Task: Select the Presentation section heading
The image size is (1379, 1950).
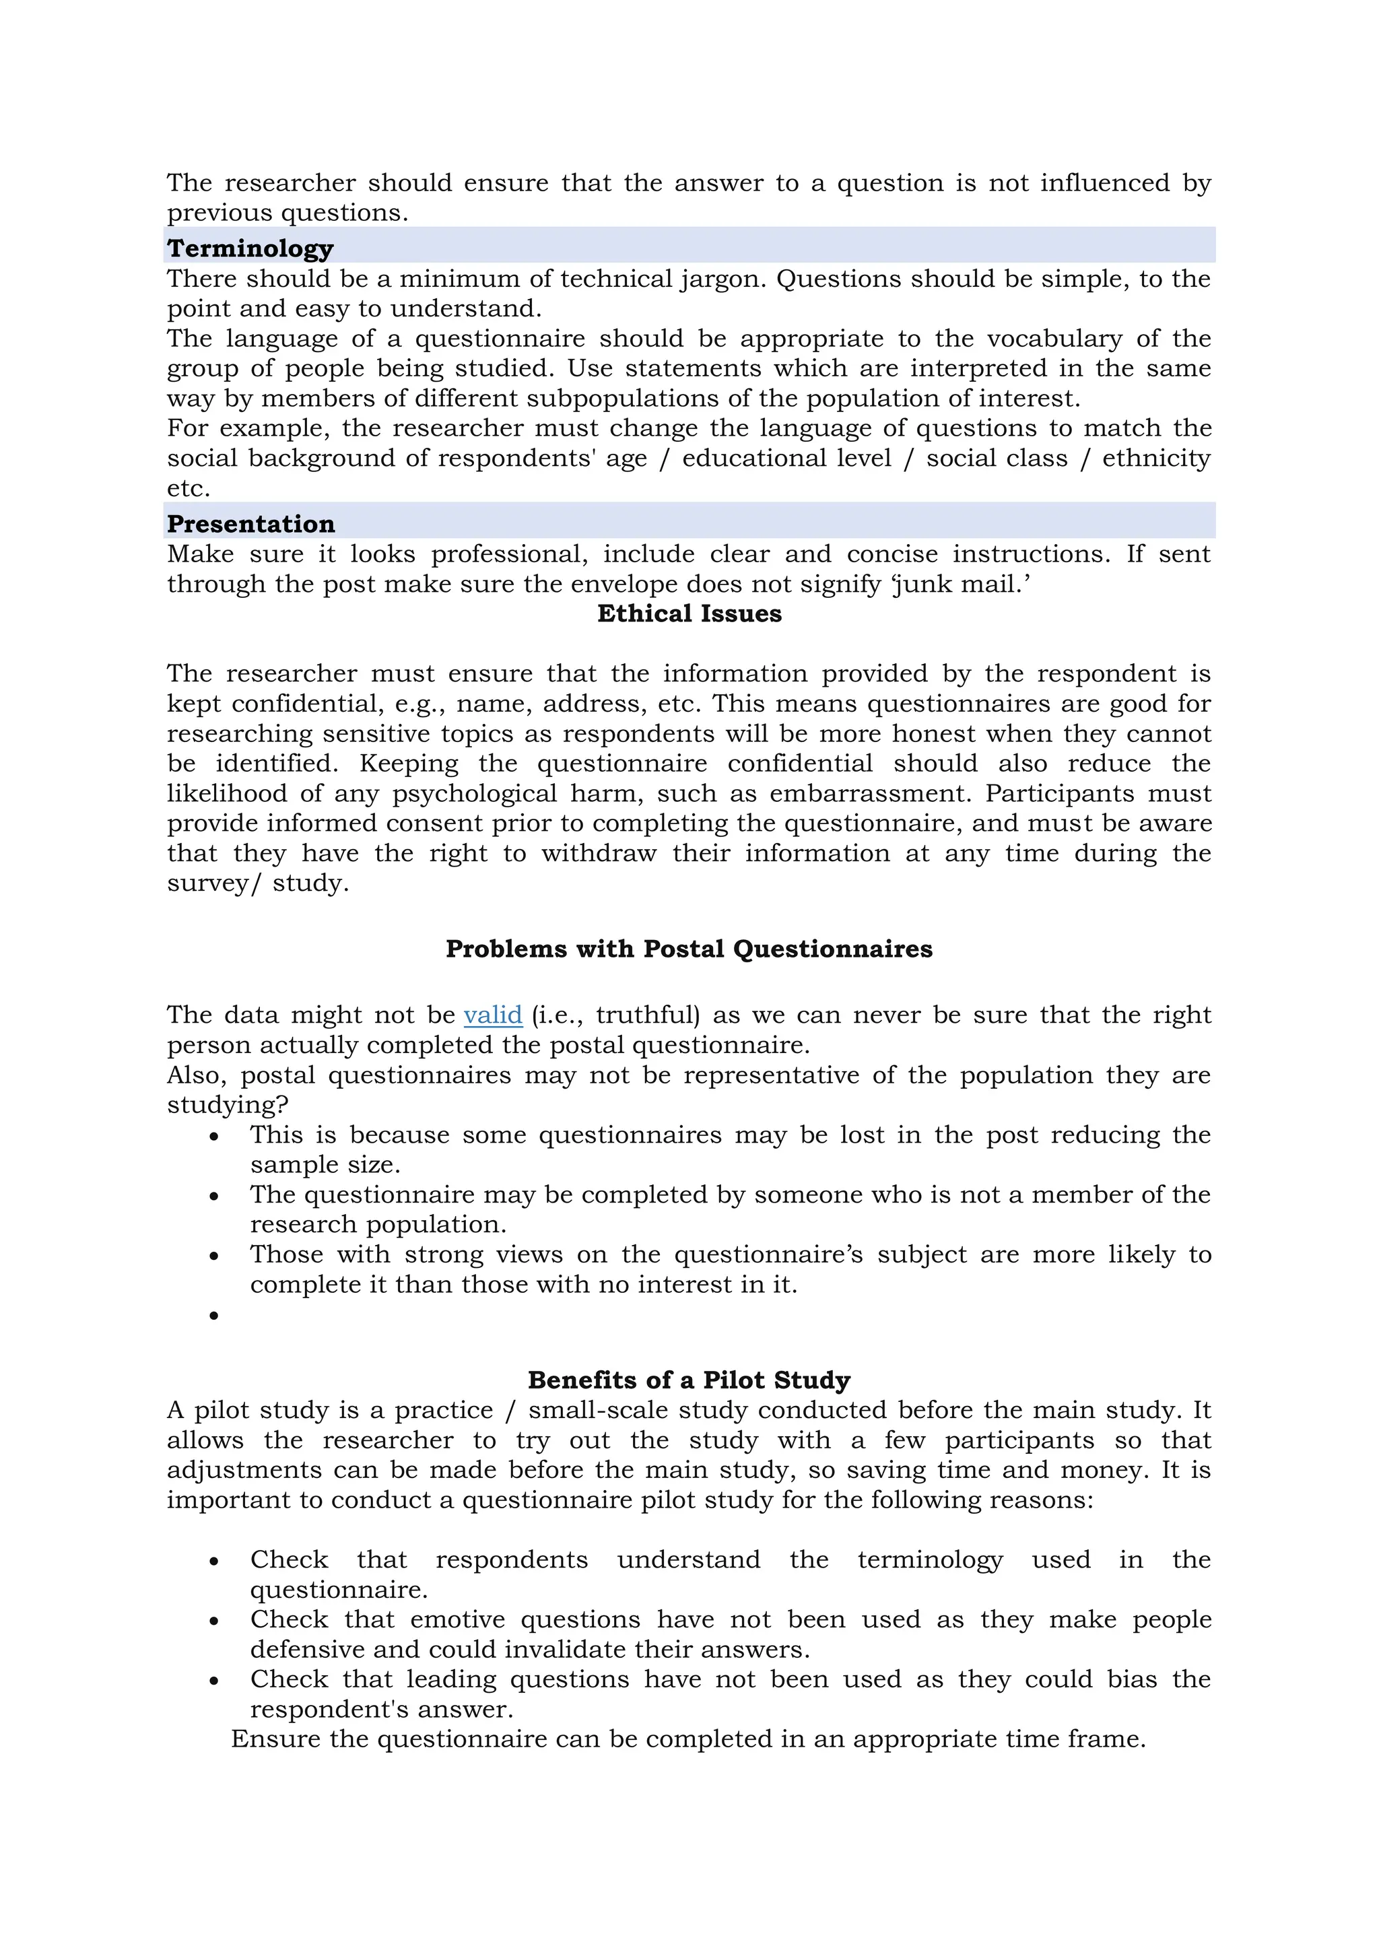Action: tap(250, 523)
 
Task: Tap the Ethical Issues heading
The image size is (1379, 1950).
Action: tap(689, 613)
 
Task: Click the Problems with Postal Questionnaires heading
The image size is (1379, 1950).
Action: tap(689, 949)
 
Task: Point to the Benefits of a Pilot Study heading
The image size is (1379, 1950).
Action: tap(689, 1380)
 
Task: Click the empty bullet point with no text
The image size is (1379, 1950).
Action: tap(214, 1316)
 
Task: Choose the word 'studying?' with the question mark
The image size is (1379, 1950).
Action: tap(228, 1105)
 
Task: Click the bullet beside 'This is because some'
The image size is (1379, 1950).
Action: tap(214, 1137)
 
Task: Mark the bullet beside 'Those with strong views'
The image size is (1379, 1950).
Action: tap(214, 1256)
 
